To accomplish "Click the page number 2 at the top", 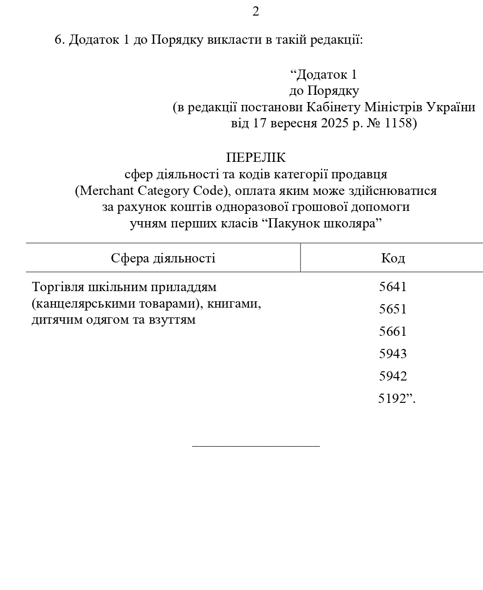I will click(x=256, y=11).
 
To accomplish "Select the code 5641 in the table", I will click(x=393, y=287).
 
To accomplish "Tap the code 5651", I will click(x=393, y=309).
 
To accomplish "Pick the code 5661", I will click(x=393, y=331).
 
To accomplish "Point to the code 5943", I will click(x=393, y=354).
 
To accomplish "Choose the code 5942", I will click(x=393, y=376).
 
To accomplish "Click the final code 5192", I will click(x=392, y=399).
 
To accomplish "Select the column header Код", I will click(x=393, y=258).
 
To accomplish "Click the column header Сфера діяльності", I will click(x=163, y=258).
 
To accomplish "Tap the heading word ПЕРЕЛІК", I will click(x=256, y=158).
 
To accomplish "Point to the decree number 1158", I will click(x=398, y=123).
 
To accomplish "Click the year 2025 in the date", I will click(x=334, y=123).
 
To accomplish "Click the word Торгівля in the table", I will click(x=57, y=287).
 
